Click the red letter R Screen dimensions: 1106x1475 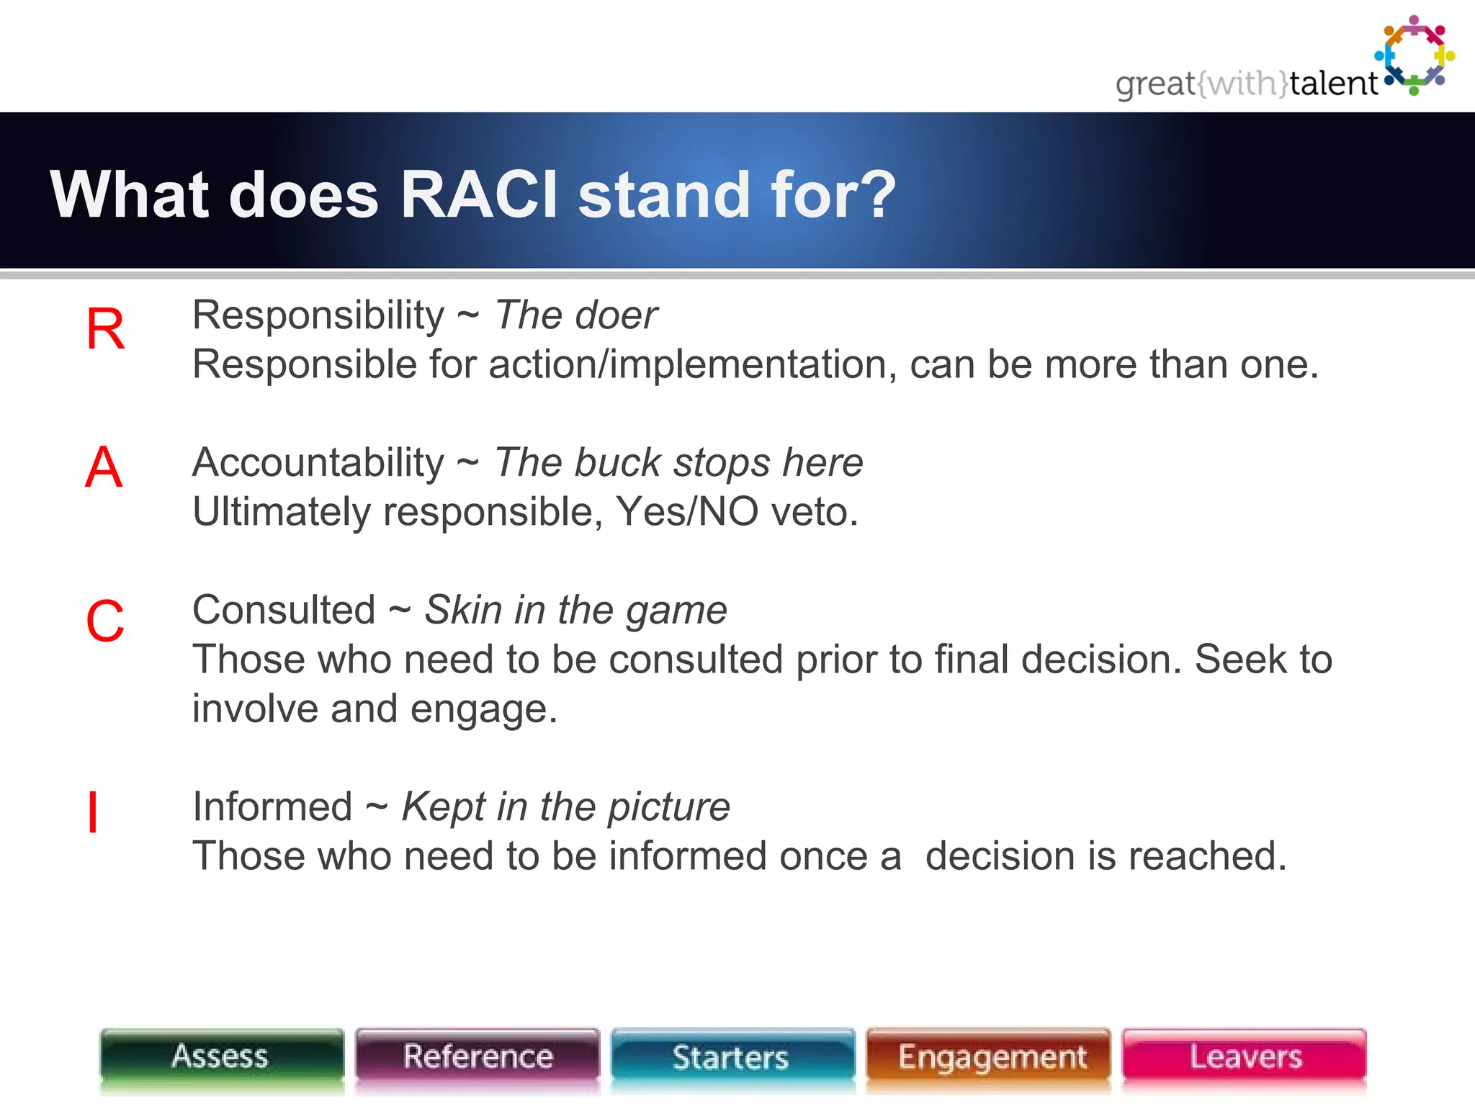click(105, 330)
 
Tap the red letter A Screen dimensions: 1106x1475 click(104, 468)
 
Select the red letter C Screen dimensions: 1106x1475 click(105, 621)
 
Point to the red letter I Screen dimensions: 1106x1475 click(93, 812)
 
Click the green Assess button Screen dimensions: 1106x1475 click(221, 1057)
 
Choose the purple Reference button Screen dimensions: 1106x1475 click(478, 1057)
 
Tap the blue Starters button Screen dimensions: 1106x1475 click(732, 1057)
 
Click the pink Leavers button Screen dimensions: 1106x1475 click(1245, 1057)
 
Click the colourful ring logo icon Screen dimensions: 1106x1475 click(1415, 55)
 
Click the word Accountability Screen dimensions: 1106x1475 click(318, 462)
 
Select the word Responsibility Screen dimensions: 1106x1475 click(318, 315)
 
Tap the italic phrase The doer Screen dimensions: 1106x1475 click(575, 315)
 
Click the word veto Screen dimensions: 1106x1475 click(814, 512)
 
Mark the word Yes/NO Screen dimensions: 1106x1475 click(686, 512)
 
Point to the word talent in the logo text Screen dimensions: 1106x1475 click(1333, 84)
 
